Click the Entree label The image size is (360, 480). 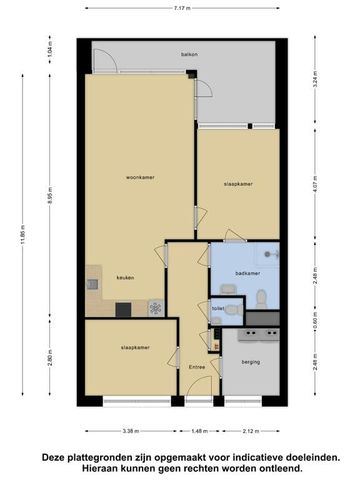(x=197, y=366)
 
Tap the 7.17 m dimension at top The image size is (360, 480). (x=179, y=9)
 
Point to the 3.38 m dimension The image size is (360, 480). (x=129, y=432)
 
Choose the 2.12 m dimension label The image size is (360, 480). (x=249, y=432)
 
